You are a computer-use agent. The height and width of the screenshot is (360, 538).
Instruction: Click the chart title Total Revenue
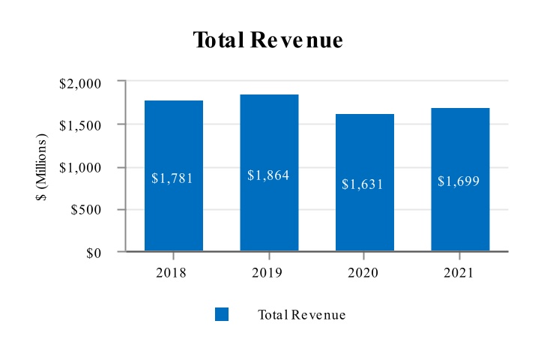pos(268,40)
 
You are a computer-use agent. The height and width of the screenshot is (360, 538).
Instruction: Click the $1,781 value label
pos(172,178)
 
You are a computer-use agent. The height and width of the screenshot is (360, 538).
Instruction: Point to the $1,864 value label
pos(268,175)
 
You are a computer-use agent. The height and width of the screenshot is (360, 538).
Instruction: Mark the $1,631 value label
pos(363,184)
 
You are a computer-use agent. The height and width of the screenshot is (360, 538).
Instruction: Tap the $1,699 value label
pos(459,181)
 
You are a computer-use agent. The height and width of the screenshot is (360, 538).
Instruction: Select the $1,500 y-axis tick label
pos(80,125)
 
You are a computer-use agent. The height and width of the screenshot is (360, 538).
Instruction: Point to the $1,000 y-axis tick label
pos(80,168)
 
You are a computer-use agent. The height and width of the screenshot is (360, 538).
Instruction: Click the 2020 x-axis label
pos(363,273)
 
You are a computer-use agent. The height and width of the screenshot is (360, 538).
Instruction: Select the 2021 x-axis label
pos(459,273)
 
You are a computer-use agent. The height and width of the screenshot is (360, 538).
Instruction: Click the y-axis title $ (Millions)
pos(43,166)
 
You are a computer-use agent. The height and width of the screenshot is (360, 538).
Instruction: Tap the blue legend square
pos(222,314)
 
